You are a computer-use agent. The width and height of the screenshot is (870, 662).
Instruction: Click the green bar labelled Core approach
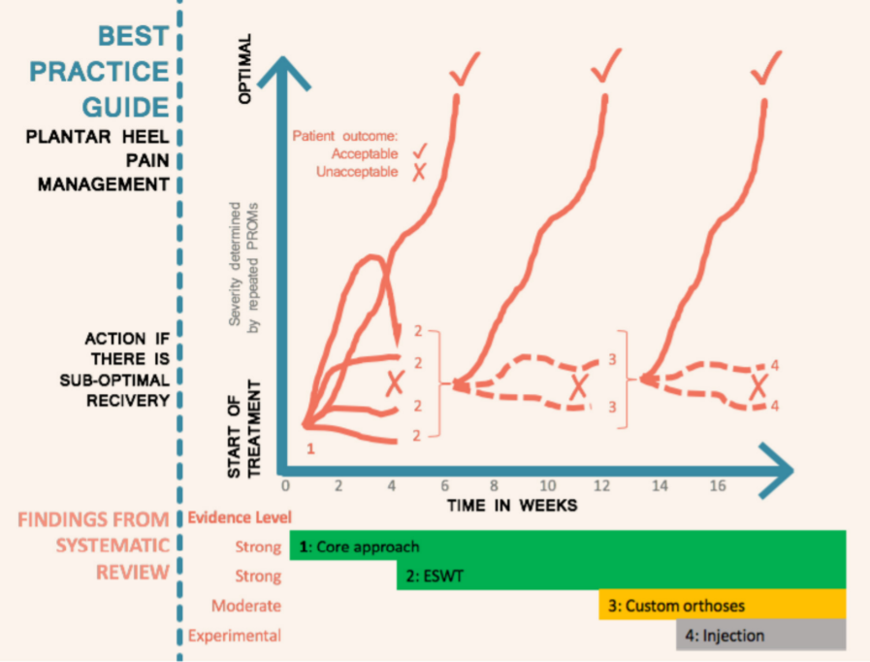tap(567, 546)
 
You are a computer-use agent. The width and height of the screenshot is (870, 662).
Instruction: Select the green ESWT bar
tap(621, 576)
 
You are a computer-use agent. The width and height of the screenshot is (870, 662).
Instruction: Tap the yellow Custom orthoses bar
tap(722, 606)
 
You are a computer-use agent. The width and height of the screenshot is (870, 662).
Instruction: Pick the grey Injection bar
tap(760, 636)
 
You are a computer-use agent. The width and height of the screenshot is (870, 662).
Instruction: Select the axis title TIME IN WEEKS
tap(512, 505)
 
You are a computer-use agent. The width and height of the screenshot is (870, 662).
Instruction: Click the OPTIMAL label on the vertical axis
tap(244, 70)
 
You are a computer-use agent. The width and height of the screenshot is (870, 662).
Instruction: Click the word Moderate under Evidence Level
tap(246, 606)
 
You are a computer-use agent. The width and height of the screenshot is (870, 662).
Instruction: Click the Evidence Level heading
tap(239, 517)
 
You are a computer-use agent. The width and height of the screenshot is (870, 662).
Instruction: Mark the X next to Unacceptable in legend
tap(419, 172)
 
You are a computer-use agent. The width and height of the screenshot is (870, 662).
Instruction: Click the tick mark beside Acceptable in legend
tap(419, 151)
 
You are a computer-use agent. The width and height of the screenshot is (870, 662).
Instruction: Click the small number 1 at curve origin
tap(311, 448)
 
